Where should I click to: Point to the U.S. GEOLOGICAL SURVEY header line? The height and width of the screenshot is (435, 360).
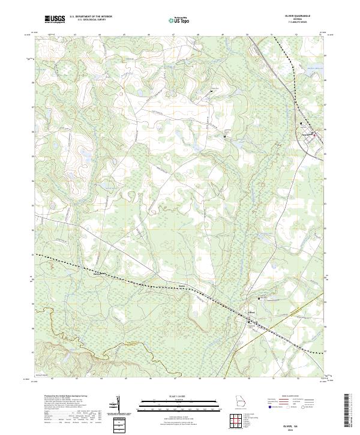pyautogui.click(x=89, y=20)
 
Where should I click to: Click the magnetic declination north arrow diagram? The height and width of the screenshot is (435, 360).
pyautogui.click(x=118, y=406)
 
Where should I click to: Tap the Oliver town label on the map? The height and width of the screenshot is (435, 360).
pyautogui.click(x=253, y=312)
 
